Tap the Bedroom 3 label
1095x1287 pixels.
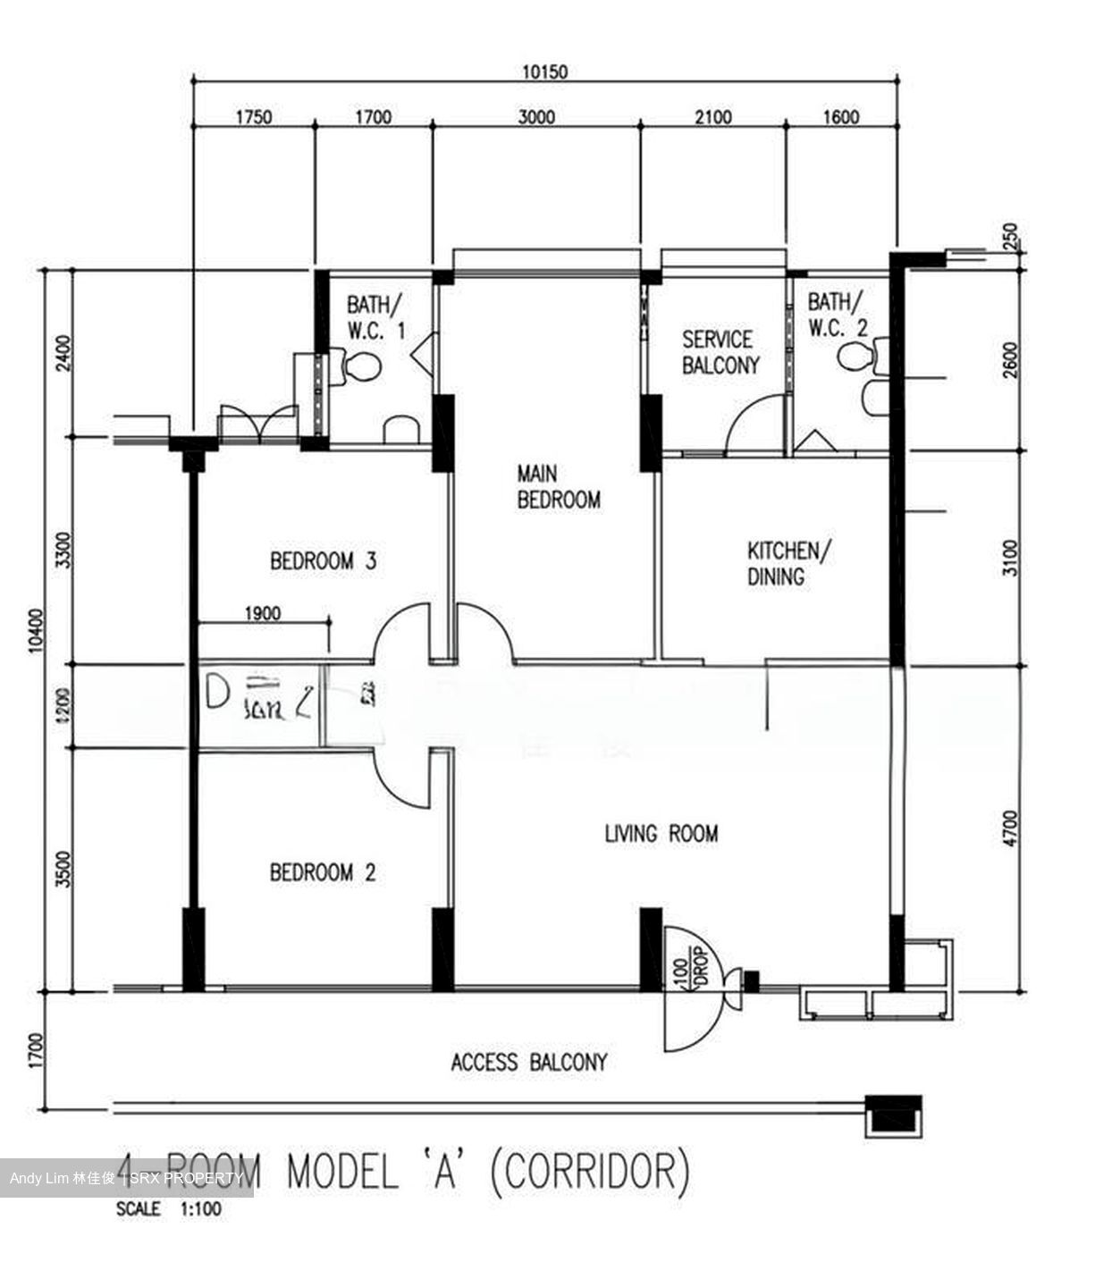323,561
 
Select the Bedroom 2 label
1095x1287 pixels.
323,871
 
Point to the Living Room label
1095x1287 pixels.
661,834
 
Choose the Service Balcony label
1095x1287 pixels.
720,352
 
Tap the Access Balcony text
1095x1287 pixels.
528,1063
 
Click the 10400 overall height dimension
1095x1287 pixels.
36,631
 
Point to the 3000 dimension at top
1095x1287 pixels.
536,117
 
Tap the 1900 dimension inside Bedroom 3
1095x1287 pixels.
261,613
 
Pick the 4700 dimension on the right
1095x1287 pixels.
1010,828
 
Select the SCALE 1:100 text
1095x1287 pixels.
169,1210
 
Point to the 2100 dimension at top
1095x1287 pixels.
712,117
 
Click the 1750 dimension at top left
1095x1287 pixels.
253,117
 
